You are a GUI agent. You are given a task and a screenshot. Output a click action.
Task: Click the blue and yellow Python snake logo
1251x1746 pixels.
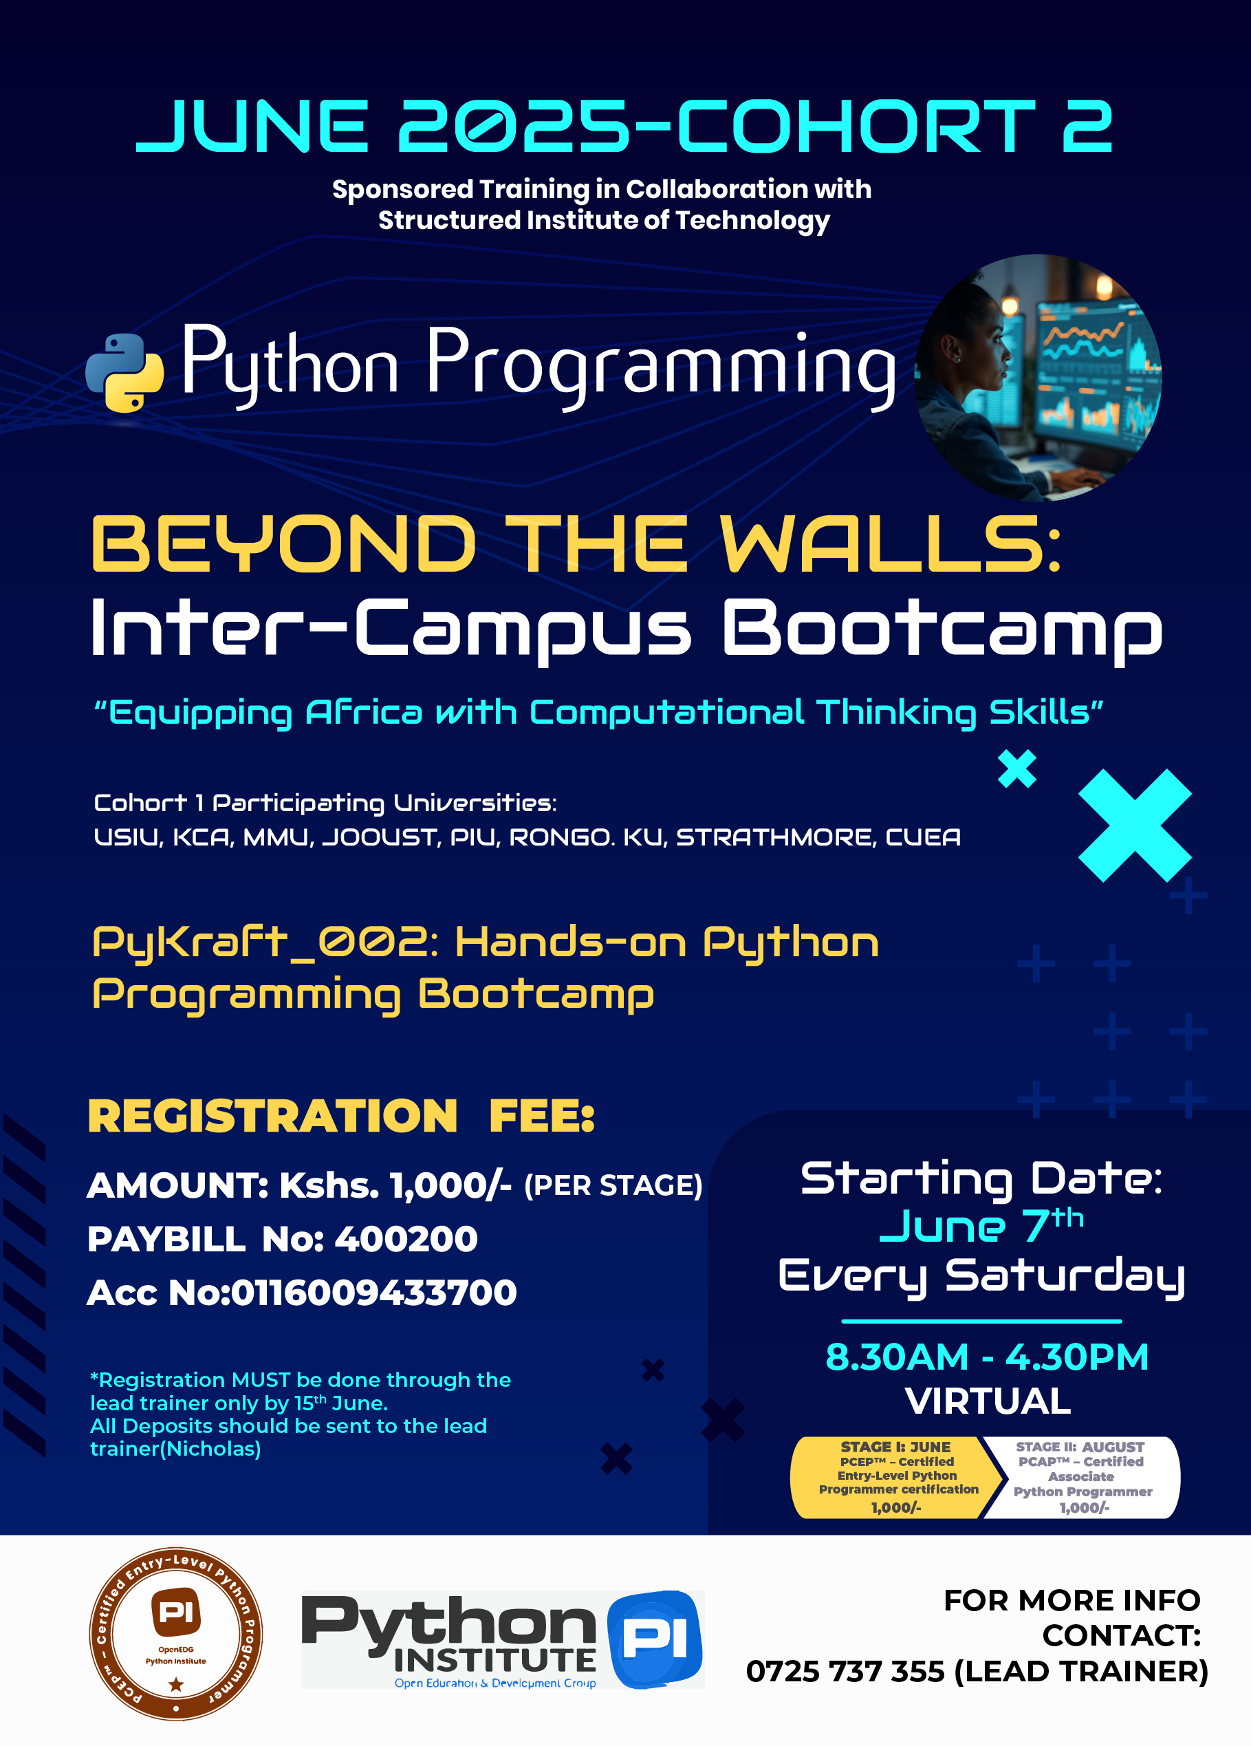pyautogui.click(x=124, y=373)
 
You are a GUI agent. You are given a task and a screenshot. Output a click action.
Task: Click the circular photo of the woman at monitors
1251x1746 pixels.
pyautogui.click(x=1038, y=377)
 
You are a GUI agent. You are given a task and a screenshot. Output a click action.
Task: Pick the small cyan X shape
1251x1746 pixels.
pyautogui.click(x=1017, y=768)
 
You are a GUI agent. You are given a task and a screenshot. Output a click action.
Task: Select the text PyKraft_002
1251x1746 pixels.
pyautogui.click(x=265, y=942)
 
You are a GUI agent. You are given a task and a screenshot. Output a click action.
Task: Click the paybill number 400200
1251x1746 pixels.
pyautogui.click(x=406, y=1239)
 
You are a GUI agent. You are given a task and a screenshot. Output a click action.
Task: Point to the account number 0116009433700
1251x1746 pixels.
pyautogui.click(x=373, y=1293)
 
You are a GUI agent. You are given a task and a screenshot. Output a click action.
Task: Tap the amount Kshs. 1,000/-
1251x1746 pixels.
pyautogui.click(x=395, y=1185)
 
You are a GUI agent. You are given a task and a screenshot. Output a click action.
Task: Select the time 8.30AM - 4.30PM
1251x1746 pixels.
pyautogui.click(x=986, y=1357)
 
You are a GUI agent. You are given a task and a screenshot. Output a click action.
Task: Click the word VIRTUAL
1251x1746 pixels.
pyautogui.click(x=988, y=1401)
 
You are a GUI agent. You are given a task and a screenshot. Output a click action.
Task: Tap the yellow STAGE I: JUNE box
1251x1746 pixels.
pyautogui.click(x=895, y=1476)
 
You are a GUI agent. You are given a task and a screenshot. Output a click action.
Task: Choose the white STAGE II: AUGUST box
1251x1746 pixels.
pyautogui.click(x=1083, y=1476)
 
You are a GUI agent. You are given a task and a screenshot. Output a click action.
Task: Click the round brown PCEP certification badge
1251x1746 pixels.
pyautogui.click(x=176, y=1634)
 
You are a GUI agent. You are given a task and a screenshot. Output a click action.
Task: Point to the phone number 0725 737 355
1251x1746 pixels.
pyautogui.click(x=845, y=1671)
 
